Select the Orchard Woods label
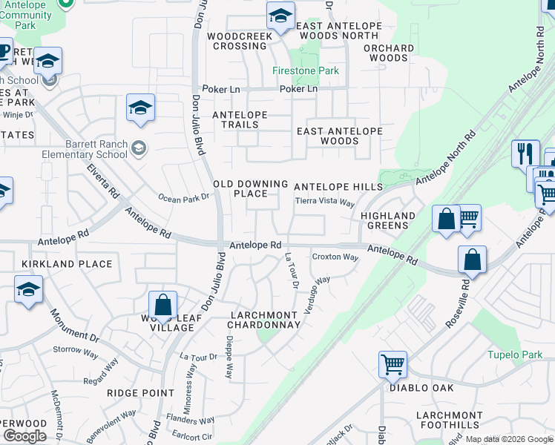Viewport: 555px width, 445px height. click(x=389, y=53)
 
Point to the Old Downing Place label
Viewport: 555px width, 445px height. click(x=250, y=188)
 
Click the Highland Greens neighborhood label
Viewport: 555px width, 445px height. click(x=388, y=220)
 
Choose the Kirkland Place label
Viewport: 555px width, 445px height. click(x=67, y=264)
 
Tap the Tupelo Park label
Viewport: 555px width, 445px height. click(x=515, y=355)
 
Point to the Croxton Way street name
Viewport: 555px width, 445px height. click(x=335, y=257)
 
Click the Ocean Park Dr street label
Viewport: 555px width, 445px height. click(x=184, y=198)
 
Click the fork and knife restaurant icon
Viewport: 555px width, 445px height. click(x=525, y=154)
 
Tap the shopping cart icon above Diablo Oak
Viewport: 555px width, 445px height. click(x=393, y=363)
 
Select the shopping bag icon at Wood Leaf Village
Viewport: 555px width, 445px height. click(x=162, y=304)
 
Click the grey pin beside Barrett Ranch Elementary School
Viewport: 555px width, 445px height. click(x=138, y=149)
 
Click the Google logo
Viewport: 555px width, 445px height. click(x=24, y=436)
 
